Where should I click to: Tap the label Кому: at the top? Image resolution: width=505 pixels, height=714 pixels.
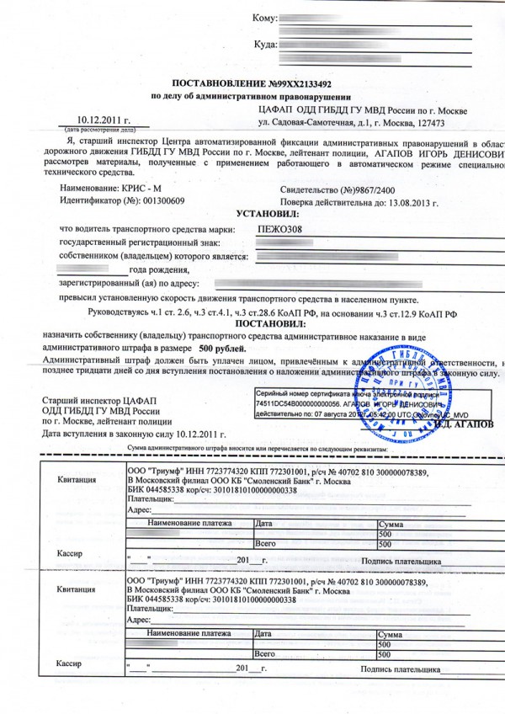[x=264, y=18]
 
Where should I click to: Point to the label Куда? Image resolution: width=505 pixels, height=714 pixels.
[x=265, y=44]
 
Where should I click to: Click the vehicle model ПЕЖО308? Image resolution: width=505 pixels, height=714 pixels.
[x=278, y=229]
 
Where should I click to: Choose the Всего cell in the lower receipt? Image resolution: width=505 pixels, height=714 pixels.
[x=266, y=653]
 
